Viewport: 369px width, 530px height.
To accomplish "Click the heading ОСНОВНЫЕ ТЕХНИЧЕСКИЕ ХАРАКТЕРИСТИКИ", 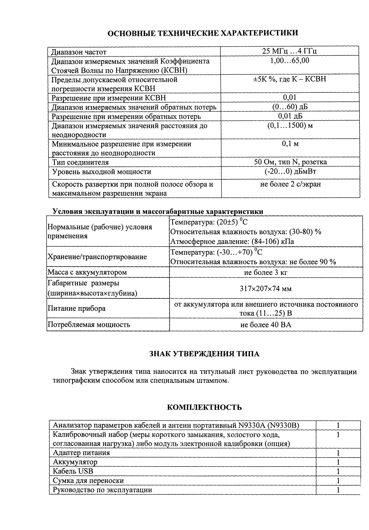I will pos(203,33).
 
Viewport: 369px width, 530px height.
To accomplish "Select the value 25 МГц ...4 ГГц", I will pos(290,52).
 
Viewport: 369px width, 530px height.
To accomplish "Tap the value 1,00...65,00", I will pos(290,61).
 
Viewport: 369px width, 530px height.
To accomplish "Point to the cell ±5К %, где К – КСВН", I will pos(290,79).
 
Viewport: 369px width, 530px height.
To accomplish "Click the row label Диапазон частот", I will pos(79,52).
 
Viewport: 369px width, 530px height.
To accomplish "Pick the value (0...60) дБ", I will pos(290,107).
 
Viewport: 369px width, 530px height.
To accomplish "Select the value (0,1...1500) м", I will pos(290,125).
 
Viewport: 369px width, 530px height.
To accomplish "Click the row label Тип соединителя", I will pos(80,162).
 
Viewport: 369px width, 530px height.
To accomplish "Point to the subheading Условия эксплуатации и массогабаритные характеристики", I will pos(158,211).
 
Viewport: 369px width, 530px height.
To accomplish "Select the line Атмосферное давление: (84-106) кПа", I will pos(232,242).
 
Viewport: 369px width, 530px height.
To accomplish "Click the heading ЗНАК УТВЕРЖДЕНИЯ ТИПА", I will pos(204,354).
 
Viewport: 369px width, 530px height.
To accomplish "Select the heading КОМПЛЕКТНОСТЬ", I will pos(205,407).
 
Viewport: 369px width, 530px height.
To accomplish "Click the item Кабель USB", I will pos(73,471).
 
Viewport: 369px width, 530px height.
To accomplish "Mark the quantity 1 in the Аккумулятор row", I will pos(338,462).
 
